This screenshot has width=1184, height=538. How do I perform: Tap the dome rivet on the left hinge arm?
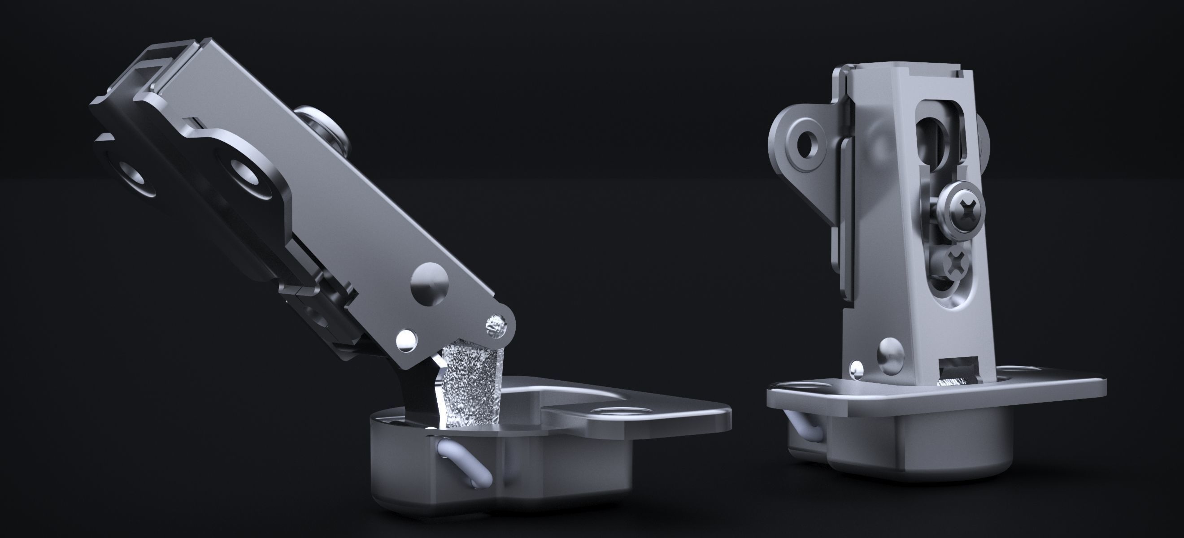(430, 282)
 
